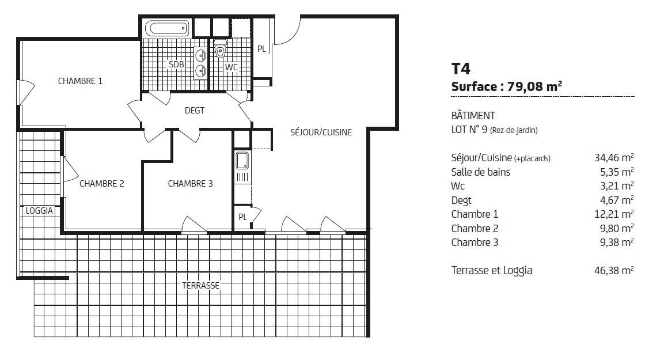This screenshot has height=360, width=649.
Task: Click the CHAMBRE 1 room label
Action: click(x=80, y=81)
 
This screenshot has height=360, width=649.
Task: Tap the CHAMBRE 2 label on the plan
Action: click(x=102, y=184)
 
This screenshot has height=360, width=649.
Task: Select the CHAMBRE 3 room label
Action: click(x=191, y=184)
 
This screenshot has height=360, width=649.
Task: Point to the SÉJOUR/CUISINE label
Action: click(x=321, y=132)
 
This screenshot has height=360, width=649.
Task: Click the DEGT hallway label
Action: click(x=195, y=111)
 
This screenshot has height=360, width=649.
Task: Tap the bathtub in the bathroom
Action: click(x=167, y=29)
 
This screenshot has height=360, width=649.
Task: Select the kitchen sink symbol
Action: click(x=242, y=161)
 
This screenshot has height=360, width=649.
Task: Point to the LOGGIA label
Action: click(x=39, y=211)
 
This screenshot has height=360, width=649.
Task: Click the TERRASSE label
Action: click(x=201, y=286)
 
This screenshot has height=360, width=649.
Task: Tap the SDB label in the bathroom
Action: click(x=176, y=65)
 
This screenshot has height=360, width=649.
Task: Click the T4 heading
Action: click(x=461, y=69)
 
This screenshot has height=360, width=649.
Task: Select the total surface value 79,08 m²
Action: click(x=534, y=86)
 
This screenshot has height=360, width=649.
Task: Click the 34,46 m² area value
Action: click(x=614, y=158)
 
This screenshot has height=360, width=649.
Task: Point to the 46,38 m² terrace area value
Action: click(x=614, y=271)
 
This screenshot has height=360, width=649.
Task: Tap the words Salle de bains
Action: click(x=480, y=172)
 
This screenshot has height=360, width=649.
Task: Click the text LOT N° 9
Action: click(x=469, y=130)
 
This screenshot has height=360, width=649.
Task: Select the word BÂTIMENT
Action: click(x=473, y=115)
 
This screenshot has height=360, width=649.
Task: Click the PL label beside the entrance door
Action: click(x=261, y=49)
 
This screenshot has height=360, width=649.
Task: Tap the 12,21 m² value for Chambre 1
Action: click(x=614, y=214)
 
